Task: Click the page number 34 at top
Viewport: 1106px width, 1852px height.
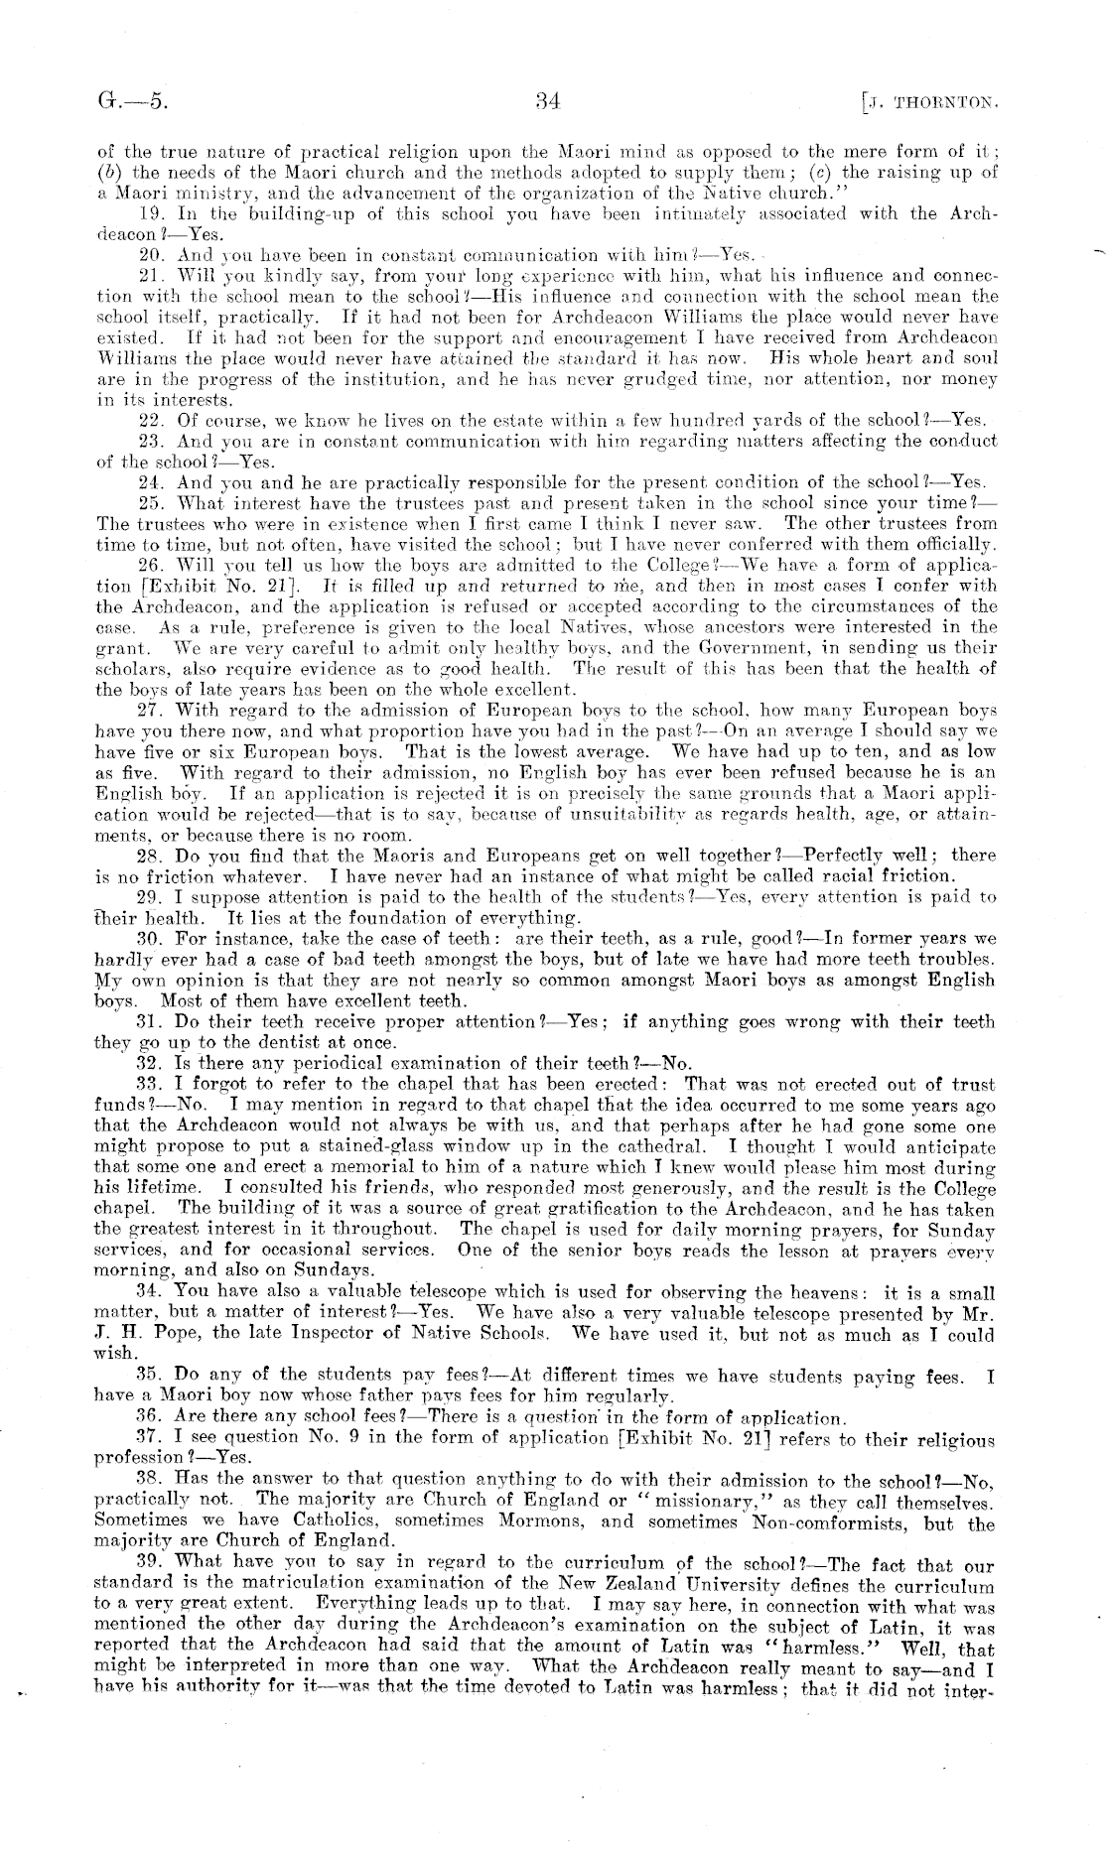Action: coord(548,99)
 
